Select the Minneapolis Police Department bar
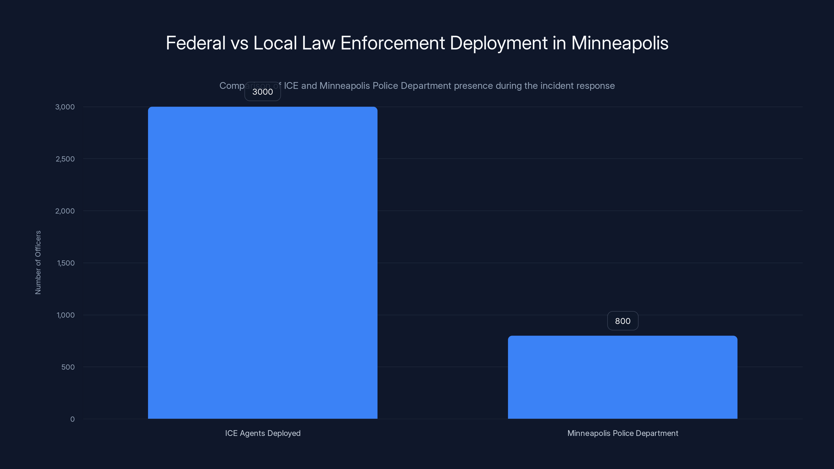(622, 377)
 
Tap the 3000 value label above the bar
(262, 92)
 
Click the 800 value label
(622, 321)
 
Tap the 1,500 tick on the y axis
(66, 263)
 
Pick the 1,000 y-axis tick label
(65, 315)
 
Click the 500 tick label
(68, 367)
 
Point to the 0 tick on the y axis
(72, 419)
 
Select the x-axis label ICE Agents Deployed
(262, 433)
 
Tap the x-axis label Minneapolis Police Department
(622, 433)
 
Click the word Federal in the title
(195, 43)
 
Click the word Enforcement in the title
(393, 43)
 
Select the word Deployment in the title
(498, 43)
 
